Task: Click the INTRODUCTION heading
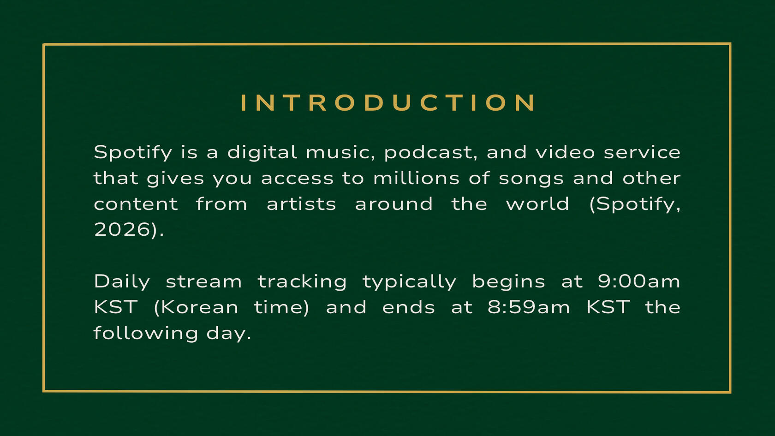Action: pos(388,103)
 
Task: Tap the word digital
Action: pos(262,153)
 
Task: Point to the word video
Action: pos(565,152)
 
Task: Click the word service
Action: pos(642,152)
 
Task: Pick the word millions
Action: pos(416,178)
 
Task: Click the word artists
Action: pos(301,203)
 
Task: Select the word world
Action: pos(537,203)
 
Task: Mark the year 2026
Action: pos(122,229)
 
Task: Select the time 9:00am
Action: pos(639,281)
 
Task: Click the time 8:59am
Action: pos(528,307)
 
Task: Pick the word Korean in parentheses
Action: pos(200,307)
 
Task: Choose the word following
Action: pos(146,333)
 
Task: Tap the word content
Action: pos(136,204)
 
